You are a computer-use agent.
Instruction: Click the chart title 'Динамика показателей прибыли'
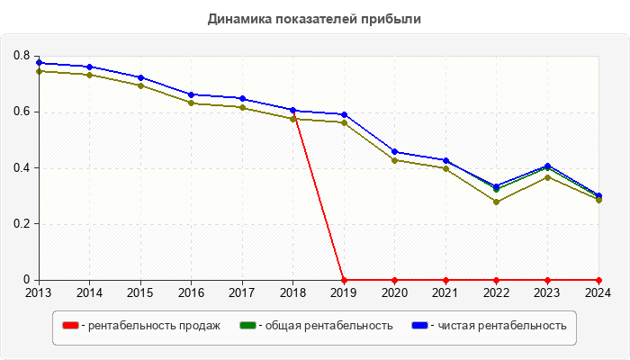314,18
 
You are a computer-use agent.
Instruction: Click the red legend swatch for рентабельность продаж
69,326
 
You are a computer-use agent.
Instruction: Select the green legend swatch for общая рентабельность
247,326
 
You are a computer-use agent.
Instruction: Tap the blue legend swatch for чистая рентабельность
419,326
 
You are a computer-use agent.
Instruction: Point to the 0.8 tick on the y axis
22,56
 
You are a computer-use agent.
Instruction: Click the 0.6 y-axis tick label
22,112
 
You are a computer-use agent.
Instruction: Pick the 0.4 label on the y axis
22,168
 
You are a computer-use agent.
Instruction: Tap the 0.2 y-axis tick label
22,224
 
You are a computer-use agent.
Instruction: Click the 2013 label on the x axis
38,292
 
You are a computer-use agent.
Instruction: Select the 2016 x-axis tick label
191,292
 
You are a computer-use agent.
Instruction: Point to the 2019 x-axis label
344,292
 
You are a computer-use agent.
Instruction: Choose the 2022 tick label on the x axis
496,292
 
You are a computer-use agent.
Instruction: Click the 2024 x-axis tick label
598,292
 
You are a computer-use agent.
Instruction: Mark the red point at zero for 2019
344,280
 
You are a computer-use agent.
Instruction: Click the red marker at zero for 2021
445,280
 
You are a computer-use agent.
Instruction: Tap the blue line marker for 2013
38,63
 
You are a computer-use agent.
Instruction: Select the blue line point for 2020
394,151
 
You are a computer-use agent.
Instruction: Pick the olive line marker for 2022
496,202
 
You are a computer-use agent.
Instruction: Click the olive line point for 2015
139,85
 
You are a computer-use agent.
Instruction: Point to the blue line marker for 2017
242,98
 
